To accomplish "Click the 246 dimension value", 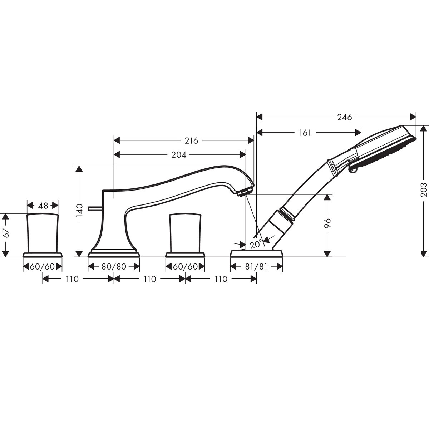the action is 344,117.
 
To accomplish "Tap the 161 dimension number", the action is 305,133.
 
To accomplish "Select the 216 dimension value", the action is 191,141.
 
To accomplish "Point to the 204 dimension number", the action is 178,155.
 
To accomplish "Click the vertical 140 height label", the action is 79,210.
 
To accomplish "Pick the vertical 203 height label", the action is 423,189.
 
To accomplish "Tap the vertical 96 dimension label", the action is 327,223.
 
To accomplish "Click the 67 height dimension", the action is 6,233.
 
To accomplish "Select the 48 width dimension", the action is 43,206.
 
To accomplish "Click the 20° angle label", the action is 256,244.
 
